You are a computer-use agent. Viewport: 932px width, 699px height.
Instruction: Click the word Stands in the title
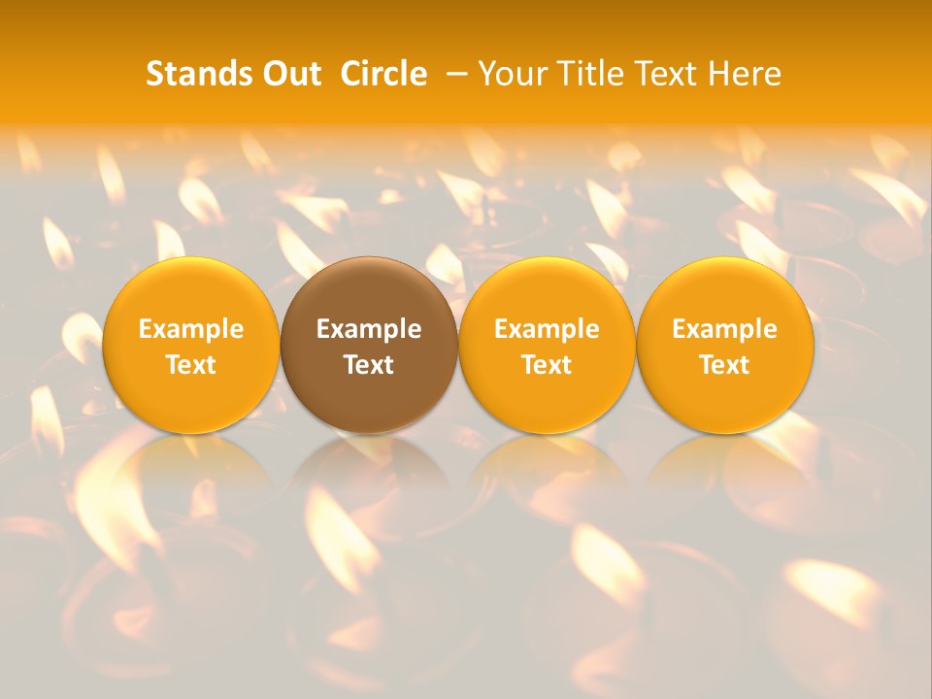pyautogui.click(x=198, y=74)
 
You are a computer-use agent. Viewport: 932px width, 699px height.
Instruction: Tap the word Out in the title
pyautogui.click(x=289, y=74)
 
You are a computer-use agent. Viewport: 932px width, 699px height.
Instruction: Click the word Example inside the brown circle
pyautogui.click(x=369, y=329)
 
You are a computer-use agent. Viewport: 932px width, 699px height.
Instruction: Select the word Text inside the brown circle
pyautogui.click(x=369, y=365)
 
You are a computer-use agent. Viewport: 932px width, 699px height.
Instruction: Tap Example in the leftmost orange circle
pyautogui.click(x=191, y=329)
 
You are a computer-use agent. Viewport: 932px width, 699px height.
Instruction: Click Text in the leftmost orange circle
pyautogui.click(x=191, y=365)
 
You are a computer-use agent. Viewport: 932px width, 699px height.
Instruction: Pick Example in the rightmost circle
pyautogui.click(x=725, y=329)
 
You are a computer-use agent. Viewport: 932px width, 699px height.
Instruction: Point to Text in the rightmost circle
pyautogui.click(x=725, y=365)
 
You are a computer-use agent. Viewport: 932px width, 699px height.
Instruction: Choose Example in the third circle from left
pyautogui.click(x=547, y=329)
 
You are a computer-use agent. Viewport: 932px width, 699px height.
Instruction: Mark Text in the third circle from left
pyautogui.click(x=547, y=365)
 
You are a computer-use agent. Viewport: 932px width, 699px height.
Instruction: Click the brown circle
pyautogui.click(x=369, y=291)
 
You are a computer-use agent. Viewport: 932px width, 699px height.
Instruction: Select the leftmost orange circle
pyautogui.click(x=191, y=291)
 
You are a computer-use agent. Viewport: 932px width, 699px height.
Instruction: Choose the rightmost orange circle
pyautogui.click(x=725, y=291)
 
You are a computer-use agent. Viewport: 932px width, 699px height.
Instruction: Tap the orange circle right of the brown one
pyautogui.click(x=547, y=291)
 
